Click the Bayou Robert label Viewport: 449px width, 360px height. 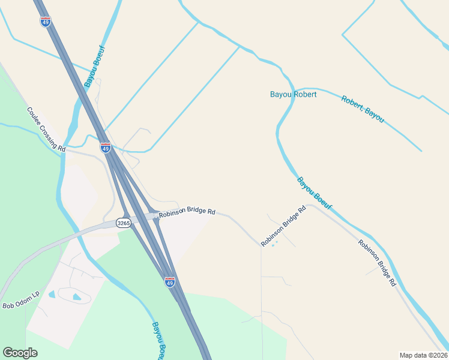293,94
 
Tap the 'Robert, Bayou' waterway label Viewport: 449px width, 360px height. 363,109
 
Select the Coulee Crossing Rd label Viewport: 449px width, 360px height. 46,129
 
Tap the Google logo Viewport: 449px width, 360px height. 20,353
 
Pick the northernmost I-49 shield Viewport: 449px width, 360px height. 46,22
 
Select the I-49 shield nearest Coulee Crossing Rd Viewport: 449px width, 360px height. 106,148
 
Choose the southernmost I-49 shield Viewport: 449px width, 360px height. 170,281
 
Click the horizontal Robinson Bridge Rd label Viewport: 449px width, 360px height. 187,212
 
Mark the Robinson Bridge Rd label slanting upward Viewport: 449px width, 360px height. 283,226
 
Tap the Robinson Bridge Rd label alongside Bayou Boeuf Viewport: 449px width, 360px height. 377,262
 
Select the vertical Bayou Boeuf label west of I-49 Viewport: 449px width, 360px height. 94,66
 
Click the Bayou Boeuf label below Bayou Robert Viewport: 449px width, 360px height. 315,193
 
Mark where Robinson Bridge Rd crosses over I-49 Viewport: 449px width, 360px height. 155,215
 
